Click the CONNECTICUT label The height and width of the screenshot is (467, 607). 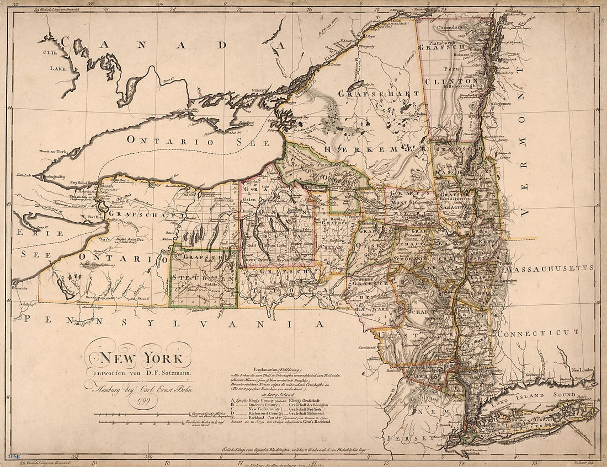tap(537, 332)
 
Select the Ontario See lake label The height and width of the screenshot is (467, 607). tap(177, 140)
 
